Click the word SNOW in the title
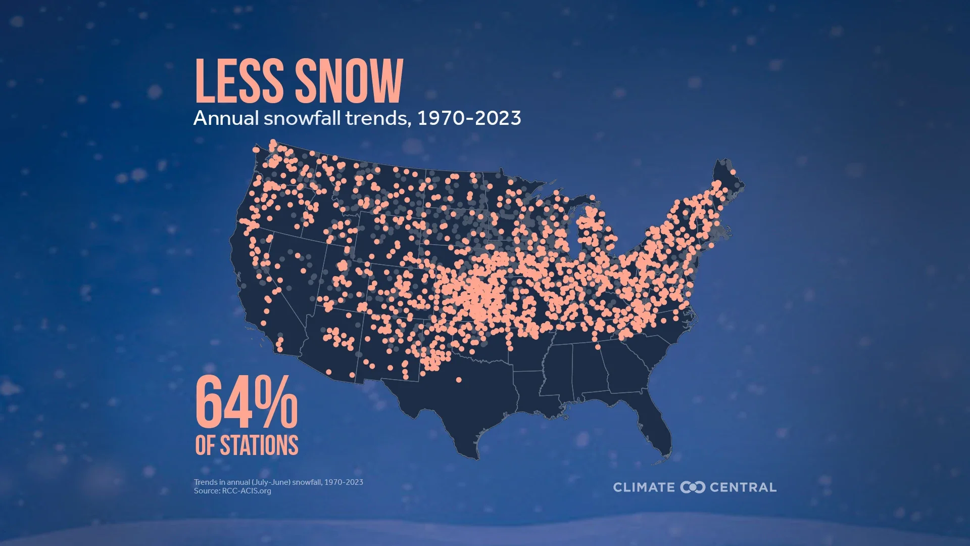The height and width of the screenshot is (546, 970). (x=349, y=81)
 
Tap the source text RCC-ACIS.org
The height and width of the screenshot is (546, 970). (x=247, y=491)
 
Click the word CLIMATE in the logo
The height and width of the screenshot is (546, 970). (x=644, y=487)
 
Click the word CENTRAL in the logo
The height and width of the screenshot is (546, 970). (x=743, y=487)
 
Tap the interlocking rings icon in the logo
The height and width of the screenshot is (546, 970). (x=692, y=487)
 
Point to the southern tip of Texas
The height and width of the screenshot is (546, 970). (x=475, y=455)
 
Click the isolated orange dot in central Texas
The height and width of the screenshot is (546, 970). (x=459, y=380)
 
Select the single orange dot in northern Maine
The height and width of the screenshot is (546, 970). (x=733, y=172)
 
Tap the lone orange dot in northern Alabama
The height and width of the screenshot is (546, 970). (x=598, y=347)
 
